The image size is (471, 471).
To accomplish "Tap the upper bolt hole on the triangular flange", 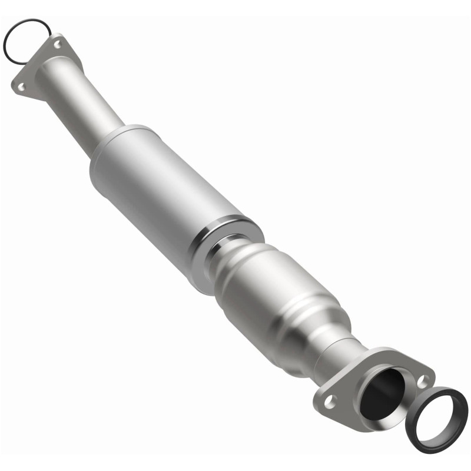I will tap(57, 44).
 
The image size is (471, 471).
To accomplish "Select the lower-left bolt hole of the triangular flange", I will tap(21, 87).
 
